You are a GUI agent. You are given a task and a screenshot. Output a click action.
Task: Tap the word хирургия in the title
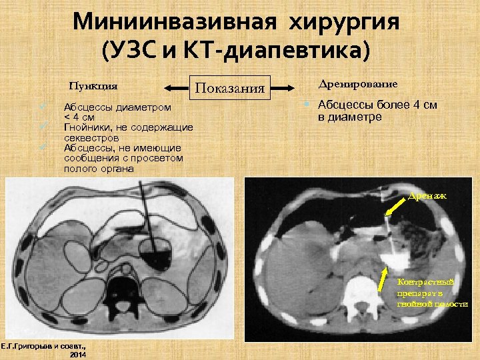point(344,21)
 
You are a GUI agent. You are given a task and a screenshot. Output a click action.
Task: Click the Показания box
point(229,87)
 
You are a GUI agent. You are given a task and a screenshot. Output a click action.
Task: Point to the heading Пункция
point(93,85)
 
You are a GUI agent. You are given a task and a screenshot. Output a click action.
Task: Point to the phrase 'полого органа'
point(98,169)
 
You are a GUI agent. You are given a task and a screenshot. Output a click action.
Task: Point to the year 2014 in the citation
point(79,355)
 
